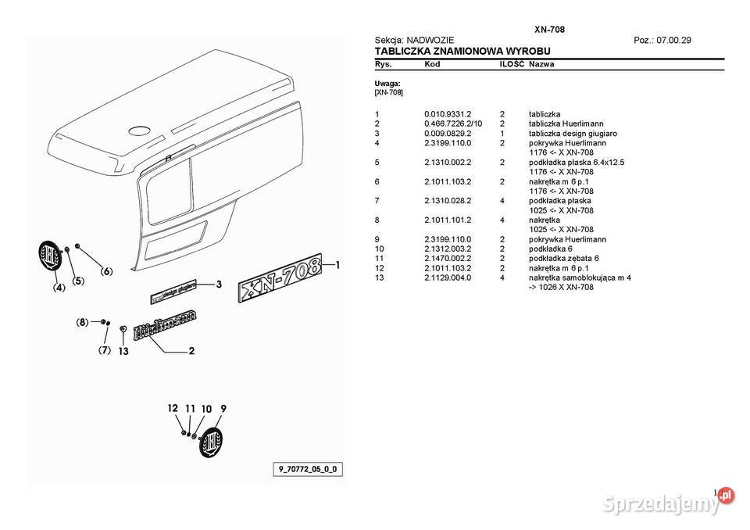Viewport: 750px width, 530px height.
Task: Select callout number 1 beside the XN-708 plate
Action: [338, 265]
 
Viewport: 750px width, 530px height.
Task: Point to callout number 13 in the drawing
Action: [123, 351]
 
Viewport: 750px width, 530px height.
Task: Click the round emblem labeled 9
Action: [211, 441]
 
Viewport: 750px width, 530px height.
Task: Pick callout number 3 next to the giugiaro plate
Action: [220, 284]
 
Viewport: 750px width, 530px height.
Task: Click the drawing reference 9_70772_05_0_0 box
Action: [309, 469]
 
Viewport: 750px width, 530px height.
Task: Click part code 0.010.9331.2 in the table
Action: [448, 114]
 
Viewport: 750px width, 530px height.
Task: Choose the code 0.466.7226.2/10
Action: [453, 124]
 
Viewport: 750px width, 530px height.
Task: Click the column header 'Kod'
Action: [432, 64]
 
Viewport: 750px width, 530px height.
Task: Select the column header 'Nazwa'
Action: [541, 64]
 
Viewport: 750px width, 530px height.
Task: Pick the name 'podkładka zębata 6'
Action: [564, 258]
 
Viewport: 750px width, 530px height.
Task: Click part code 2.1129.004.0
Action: [448, 278]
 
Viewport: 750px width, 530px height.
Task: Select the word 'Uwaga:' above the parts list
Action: [387, 83]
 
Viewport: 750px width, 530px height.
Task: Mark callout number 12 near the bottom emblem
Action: [172, 409]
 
